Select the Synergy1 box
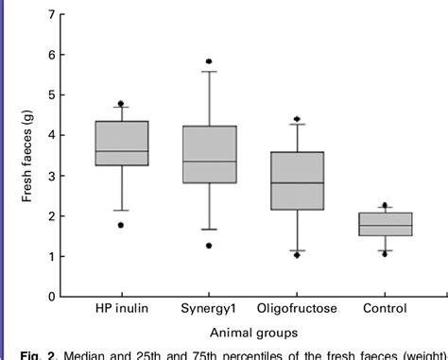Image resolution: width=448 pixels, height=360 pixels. tap(210, 154)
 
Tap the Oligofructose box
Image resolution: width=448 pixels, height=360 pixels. tap(298, 180)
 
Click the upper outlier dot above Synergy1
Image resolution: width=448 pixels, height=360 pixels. tap(209, 61)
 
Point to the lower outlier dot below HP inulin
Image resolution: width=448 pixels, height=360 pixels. tap(121, 225)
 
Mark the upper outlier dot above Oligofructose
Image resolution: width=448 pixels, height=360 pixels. tap(297, 119)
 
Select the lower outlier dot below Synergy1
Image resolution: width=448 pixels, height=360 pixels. tap(209, 246)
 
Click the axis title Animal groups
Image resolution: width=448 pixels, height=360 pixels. tap(253, 332)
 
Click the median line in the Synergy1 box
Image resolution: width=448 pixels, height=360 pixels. tap(210, 162)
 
